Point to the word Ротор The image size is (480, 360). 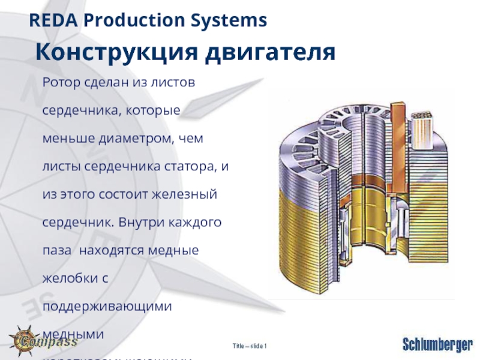(59, 83)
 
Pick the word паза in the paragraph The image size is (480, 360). (56, 250)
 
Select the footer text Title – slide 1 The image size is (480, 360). (249, 346)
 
